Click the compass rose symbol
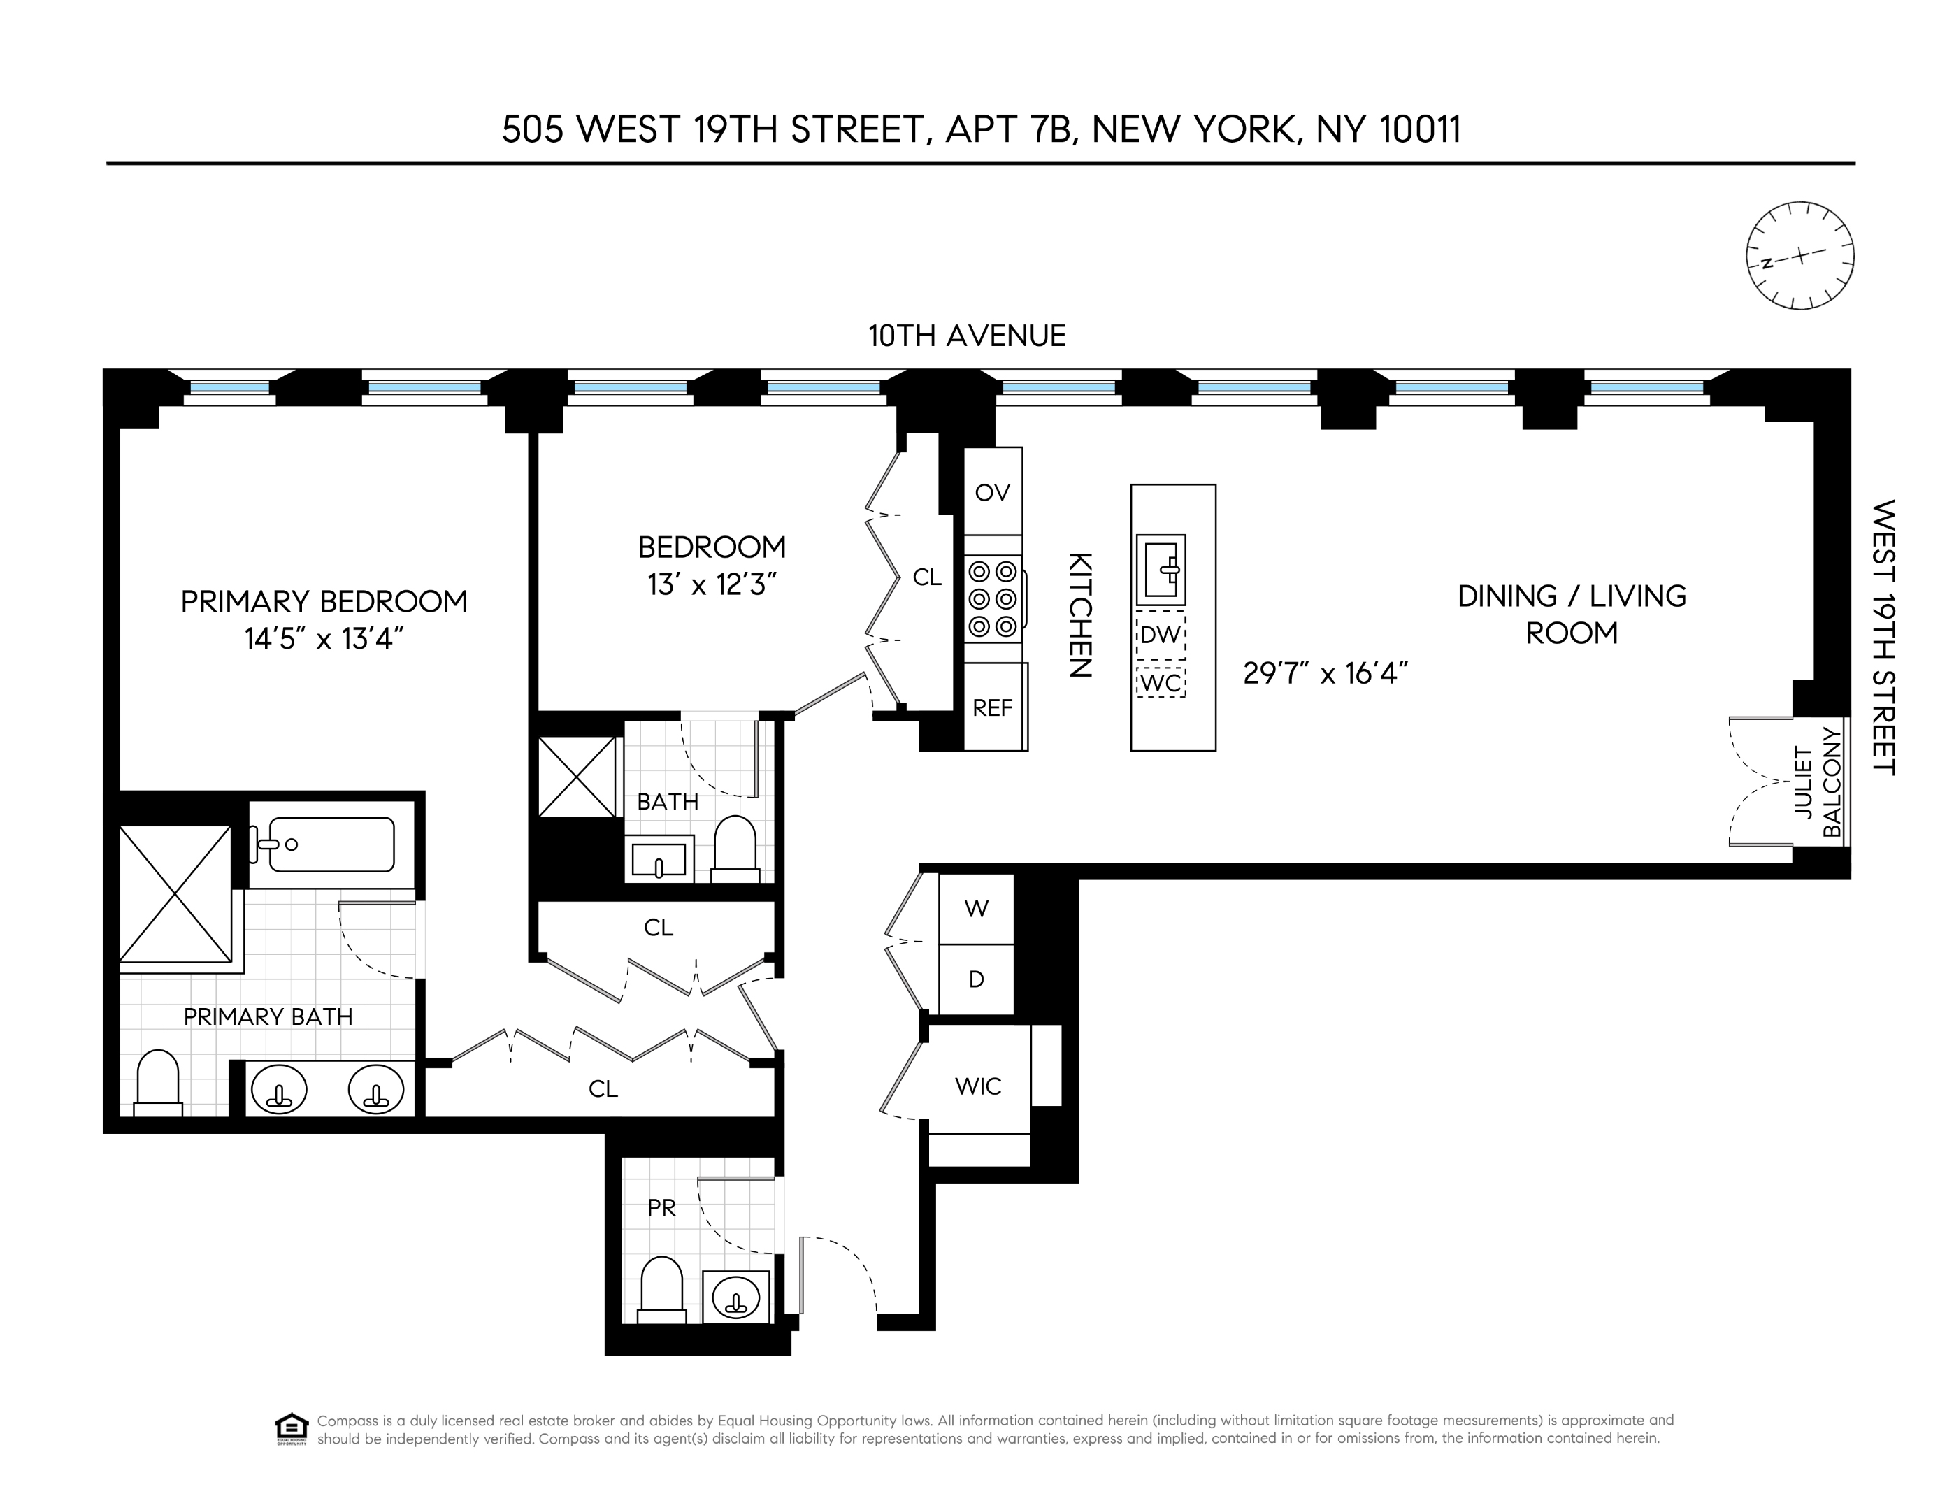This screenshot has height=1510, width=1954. pos(1800,256)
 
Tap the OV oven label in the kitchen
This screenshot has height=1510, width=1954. pos(992,492)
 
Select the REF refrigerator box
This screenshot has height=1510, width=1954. pos(993,707)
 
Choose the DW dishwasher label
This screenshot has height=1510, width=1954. pos(1161,636)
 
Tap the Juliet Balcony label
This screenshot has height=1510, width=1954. pos(1818,783)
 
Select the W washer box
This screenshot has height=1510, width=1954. pos(976,909)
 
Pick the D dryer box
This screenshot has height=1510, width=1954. pos(976,979)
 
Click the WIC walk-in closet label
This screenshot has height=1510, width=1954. pos(978,1086)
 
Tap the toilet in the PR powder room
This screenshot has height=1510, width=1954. pos(662,1289)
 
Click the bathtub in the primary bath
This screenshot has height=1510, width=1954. pos(331,844)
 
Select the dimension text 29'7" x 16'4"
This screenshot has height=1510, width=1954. pos(1326,673)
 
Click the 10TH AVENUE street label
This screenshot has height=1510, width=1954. pos(967,336)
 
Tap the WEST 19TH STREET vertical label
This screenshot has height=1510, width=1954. pos(1883,637)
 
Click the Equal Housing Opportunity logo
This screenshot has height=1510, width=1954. pos(292,1429)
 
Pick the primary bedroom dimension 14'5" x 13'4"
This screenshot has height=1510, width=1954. pos(324,639)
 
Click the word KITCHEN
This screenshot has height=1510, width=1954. pos(1081,615)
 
